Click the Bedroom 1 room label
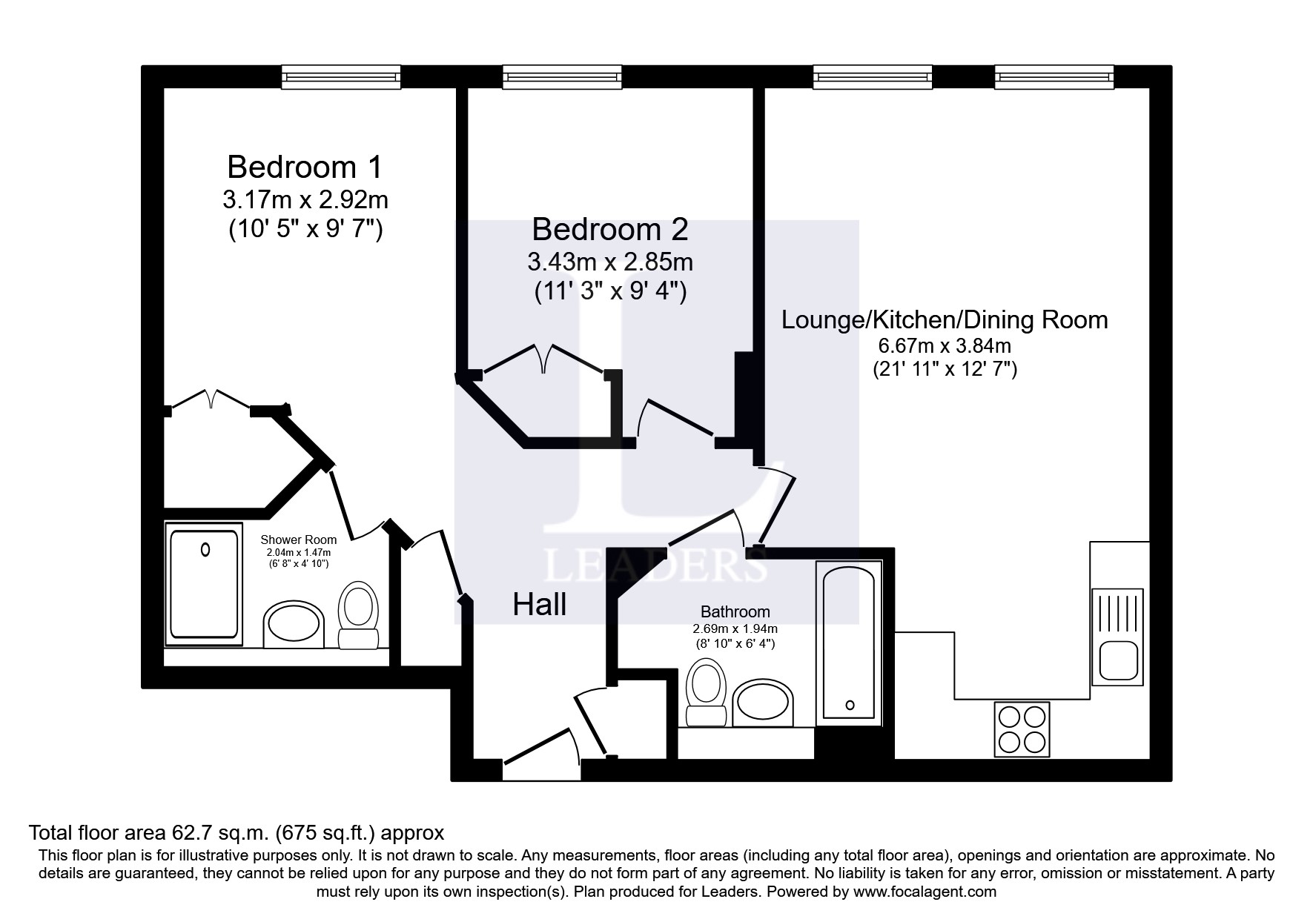pos(305,167)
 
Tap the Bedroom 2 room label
pos(610,230)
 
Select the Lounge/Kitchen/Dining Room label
pos(945,320)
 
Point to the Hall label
pos(540,605)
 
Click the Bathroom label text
pos(735,612)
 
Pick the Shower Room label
pos(299,540)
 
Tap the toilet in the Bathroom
pos(706,693)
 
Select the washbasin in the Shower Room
pos(294,625)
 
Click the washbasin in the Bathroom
pos(763,703)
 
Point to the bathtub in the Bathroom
pos(849,643)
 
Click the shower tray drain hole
pos(205,550)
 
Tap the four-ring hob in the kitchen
pos(1022,729)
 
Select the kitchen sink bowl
pos(1118,660)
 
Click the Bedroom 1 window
pos(341,77)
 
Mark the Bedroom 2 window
pos(562,77)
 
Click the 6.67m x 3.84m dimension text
pos(945,345)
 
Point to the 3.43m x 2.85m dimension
pos(610,262)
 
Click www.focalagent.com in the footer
pos(925,892)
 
